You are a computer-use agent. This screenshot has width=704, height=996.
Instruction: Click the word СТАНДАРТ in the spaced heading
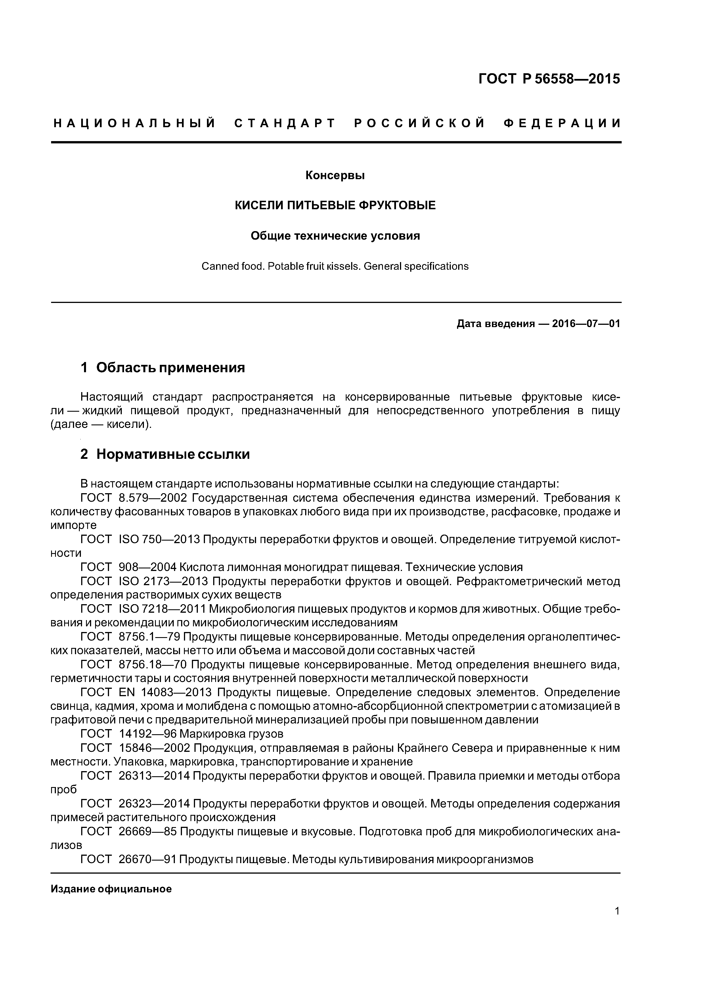tap(285, 124)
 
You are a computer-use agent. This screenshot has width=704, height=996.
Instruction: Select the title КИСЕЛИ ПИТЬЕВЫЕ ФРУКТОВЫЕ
tap(335, 205)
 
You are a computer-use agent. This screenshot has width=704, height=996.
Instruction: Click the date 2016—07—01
tap(586, 324)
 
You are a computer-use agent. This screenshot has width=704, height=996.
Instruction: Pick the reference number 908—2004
tap(148, 567)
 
